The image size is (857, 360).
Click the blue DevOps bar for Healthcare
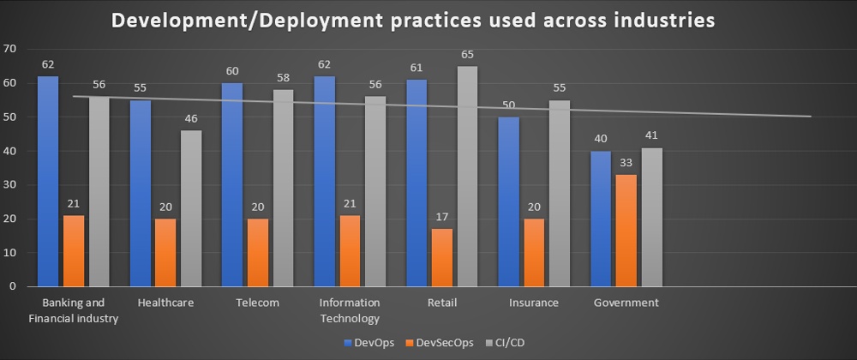click(141, 194)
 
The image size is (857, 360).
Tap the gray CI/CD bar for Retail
click(467, 177)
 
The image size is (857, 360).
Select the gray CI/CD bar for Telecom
click(283, 189)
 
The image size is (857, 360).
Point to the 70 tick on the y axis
click(10, 49)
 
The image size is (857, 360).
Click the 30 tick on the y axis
click(10, 185)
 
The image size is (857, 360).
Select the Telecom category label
click(258, 303)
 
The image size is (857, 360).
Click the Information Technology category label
click(349, 310)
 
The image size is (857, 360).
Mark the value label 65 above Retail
click(467, 54)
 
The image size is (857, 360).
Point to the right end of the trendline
click(811, 117)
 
